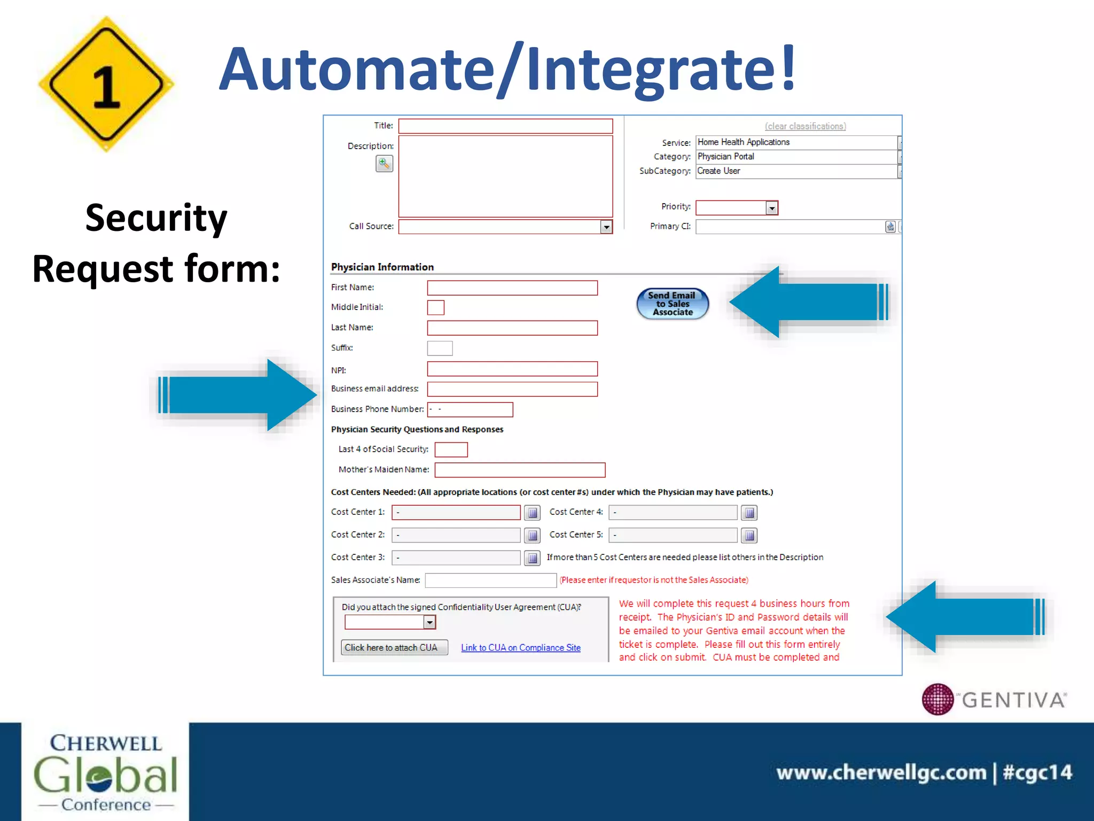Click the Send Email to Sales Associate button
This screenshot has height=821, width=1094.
tap(673, 304)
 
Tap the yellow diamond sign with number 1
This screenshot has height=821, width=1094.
tap(106, 84)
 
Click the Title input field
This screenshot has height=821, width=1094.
tap(505, 126)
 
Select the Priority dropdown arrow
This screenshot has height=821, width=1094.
tap(771, 208)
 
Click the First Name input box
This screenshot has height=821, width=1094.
tap(512, 288)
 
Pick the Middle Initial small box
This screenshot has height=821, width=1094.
tap(435, 307)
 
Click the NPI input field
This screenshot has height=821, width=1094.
tap(512, 369)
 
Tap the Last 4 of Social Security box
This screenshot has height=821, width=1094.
tap(451, 450)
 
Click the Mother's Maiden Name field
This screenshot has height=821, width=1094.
tap(519, 470)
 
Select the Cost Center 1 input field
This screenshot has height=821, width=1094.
tap(456, 513)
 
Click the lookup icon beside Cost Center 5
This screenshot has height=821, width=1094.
tap(749, 535)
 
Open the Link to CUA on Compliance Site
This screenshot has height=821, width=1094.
tap(520, 648)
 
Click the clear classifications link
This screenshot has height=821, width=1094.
tap(805, 126)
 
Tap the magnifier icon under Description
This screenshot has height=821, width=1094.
tap(384, 164)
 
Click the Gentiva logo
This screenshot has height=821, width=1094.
tap(994, 699)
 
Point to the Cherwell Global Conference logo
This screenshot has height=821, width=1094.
tap(105, 772)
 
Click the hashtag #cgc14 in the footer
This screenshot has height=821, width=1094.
tap(1037, 772)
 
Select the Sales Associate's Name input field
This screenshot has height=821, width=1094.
tap(490, 580)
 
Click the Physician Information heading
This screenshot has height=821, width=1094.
tap(382, 267)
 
